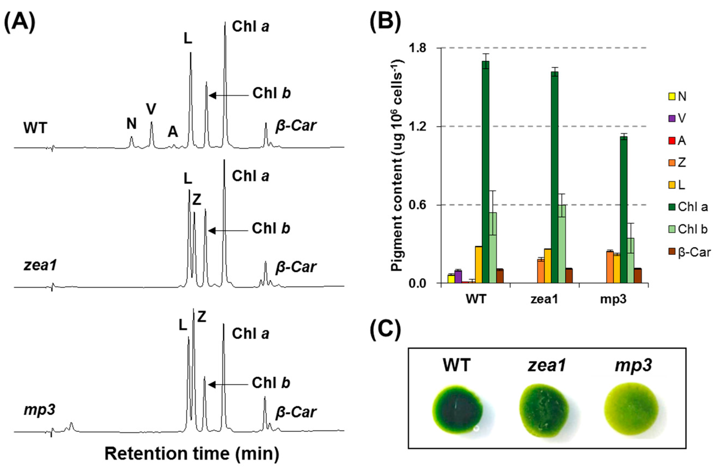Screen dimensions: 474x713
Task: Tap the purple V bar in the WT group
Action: pyautogui.click(x=458, y=277)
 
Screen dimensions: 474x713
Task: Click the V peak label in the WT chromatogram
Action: pyautogui.click(x=151, y=109)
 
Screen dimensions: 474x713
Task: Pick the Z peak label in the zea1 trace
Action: pyautogui.click(x=197, y=200)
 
